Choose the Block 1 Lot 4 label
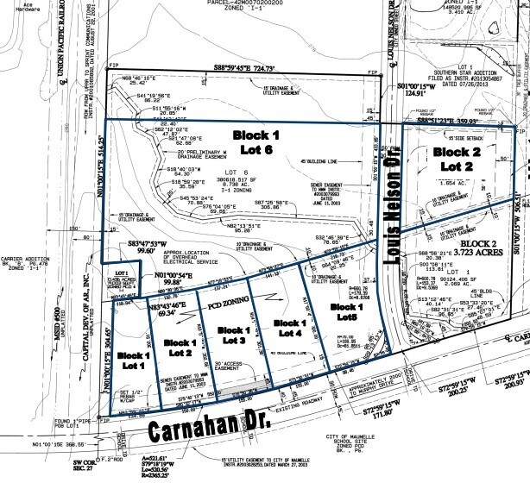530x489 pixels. pos(285,328)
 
